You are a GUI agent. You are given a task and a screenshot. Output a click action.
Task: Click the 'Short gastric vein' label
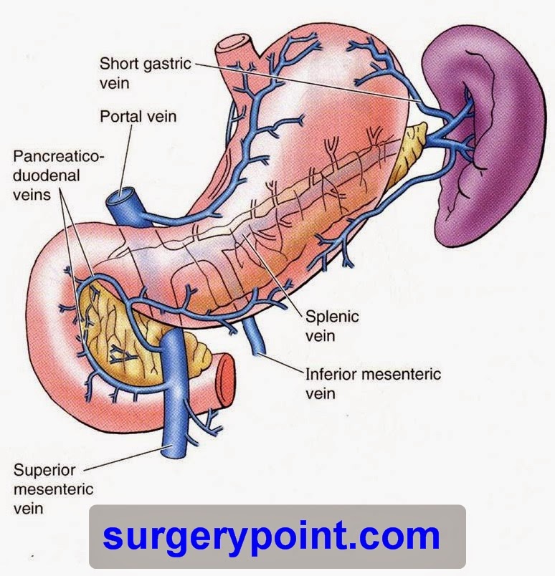click(x=146, y=73)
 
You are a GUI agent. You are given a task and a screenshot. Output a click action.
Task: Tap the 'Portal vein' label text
click(x=138, y=115)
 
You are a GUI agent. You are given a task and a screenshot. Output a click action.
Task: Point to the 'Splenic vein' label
click(x=331, y=325)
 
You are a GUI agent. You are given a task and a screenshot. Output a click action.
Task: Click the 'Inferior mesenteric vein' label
click(x=373, y=383)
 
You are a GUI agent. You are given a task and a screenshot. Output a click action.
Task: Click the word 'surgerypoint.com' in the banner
click(x=270, y=537)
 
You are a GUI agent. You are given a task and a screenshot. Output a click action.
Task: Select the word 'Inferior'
click(x=333, y=374)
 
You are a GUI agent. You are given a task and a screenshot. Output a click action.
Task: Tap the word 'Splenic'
click(x=331, y=316)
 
